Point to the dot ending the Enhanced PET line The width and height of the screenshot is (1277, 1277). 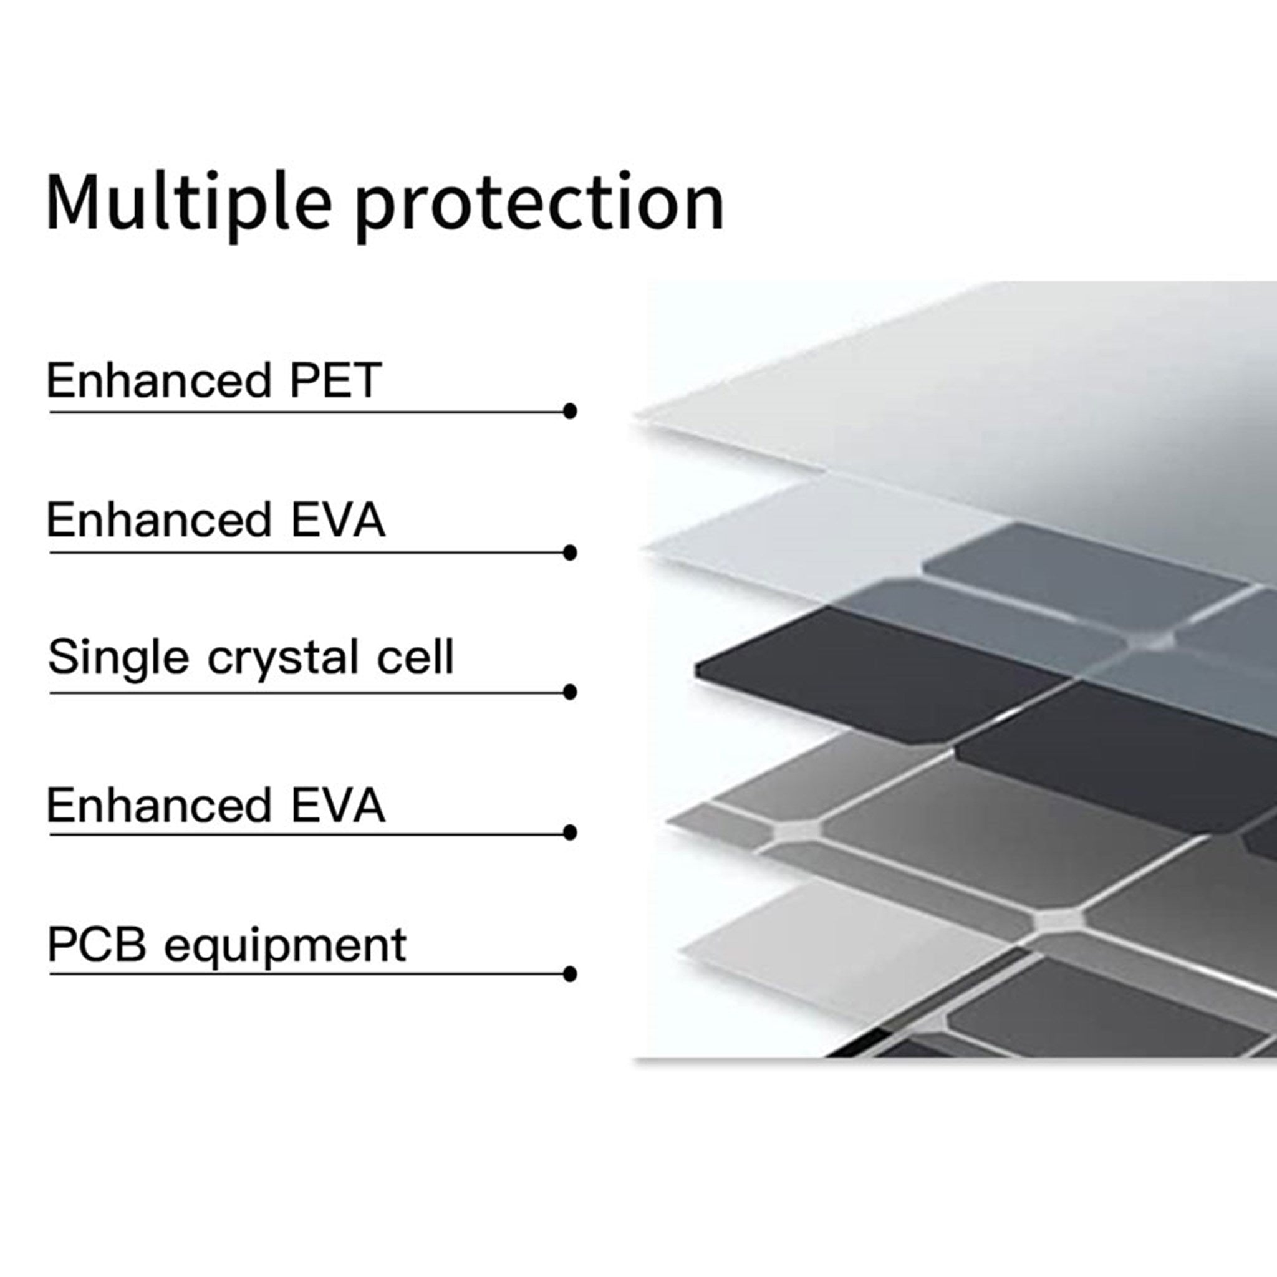point(570,411)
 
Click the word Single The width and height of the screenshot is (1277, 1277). point(118,658)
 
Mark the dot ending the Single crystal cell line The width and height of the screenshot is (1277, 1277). point(570,692)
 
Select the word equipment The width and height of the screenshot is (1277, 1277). point(285,947)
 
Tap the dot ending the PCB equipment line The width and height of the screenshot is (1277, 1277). point(570,973)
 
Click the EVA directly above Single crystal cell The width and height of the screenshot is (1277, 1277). point(338,519)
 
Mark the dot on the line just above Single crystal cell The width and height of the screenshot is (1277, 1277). point(570,552)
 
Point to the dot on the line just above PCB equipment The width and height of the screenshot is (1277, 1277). point(570,832)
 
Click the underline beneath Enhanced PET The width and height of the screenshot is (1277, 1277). point(309,412)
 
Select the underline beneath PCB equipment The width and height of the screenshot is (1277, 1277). point(309,973)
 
